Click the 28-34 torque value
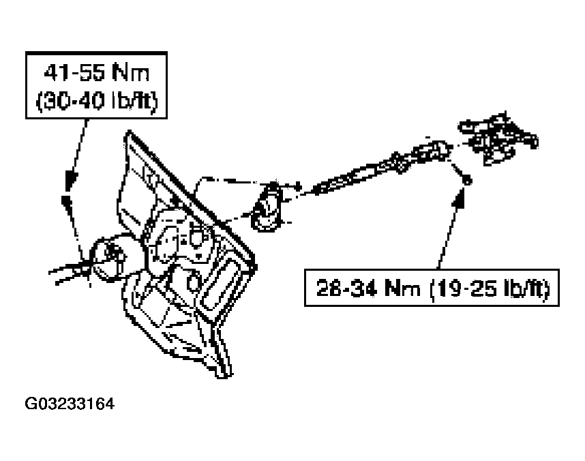point(344,288)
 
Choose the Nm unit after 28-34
point(402,288)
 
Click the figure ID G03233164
point(70,404)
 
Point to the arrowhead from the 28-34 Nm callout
point(459,200)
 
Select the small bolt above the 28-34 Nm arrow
point(466,181)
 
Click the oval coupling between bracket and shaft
point(266,207)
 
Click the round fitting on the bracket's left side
point(108,259)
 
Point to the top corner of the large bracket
point(128,132)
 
